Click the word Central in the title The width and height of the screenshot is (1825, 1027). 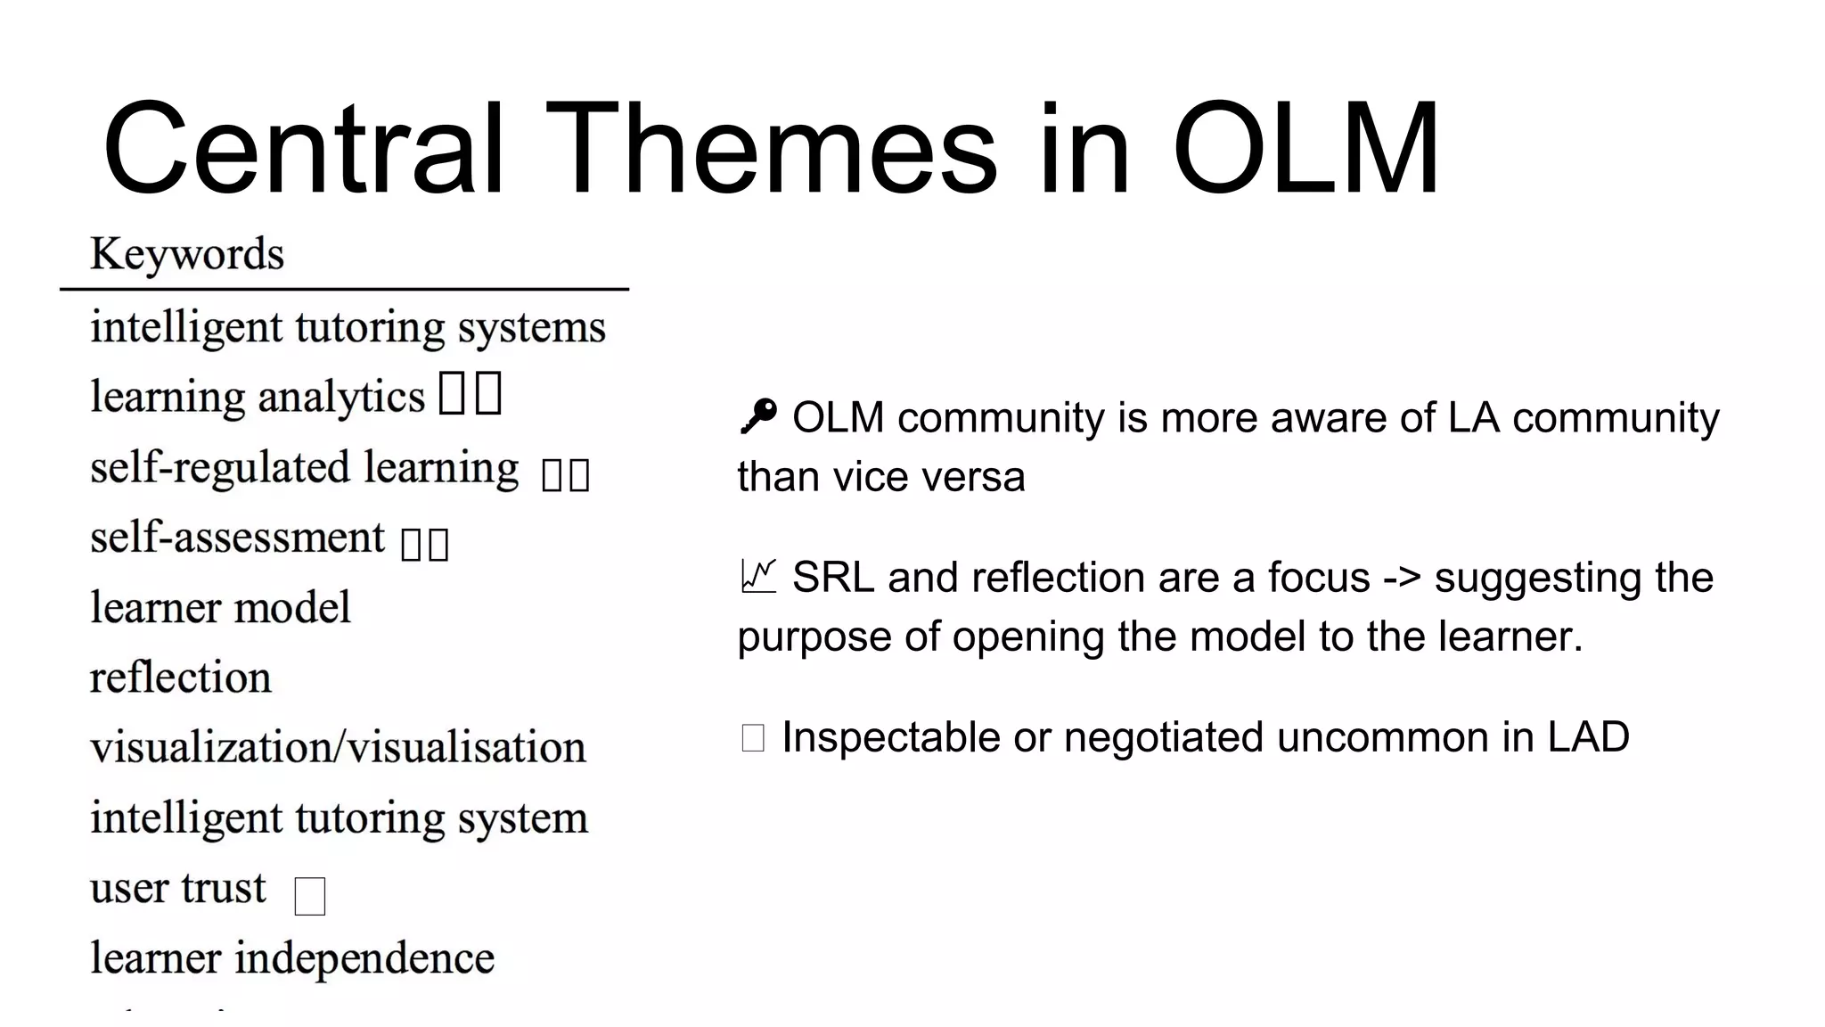303,149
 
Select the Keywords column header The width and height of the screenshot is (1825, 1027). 187,254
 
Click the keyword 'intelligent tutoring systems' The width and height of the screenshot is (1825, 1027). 348,327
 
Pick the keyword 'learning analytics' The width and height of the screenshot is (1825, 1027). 258,398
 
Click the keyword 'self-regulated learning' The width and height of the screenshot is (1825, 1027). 304,468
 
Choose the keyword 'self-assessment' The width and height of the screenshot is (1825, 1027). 237,538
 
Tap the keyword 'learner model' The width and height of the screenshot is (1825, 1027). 220,608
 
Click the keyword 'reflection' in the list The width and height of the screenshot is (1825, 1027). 181,678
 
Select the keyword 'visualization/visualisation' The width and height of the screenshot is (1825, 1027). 338,747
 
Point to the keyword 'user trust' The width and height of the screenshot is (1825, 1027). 178,888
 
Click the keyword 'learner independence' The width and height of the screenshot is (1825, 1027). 292,958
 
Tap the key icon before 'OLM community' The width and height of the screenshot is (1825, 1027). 758,416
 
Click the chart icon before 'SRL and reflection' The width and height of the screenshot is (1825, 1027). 758,577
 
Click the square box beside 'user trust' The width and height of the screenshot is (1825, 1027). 309,896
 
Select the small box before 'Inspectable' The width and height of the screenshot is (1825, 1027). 753,738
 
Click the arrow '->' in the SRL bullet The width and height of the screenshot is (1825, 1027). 1402,578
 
